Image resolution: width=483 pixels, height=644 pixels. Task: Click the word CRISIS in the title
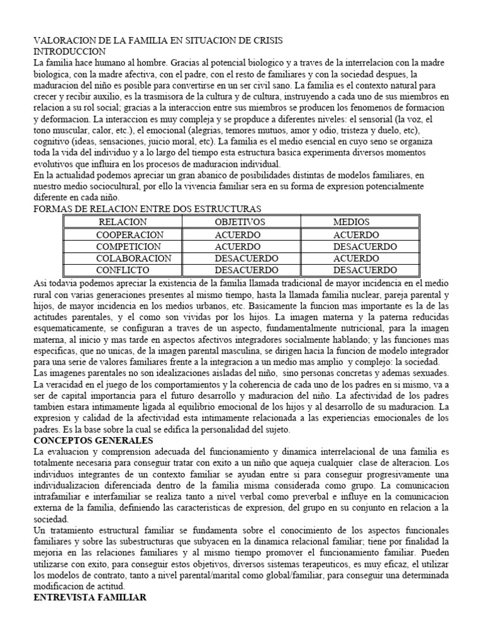pos(264,40)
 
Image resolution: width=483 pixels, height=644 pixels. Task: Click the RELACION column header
pos(123,222)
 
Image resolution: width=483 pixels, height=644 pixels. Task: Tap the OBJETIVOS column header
pos(240,222)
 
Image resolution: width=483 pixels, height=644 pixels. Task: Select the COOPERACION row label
pos(130,235)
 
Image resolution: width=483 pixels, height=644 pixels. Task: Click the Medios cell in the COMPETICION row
pos(365,247)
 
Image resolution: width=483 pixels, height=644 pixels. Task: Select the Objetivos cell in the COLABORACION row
pos(246,258)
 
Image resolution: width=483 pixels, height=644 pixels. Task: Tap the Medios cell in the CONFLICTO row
pos(365,270)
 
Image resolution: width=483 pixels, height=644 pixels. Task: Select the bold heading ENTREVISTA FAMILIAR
pos(90,598)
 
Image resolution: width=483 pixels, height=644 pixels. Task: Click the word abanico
pos(199,176)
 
